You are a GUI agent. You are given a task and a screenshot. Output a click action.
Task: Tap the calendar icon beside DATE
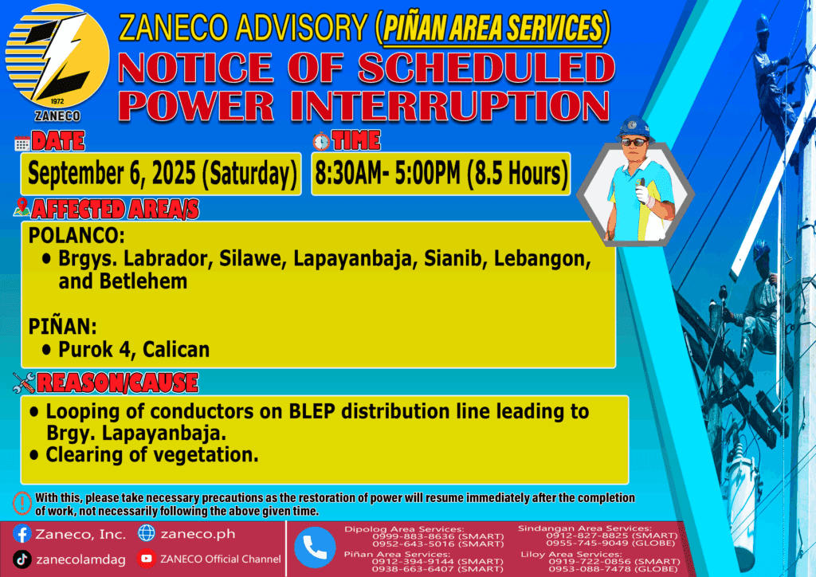[x=22, y=143]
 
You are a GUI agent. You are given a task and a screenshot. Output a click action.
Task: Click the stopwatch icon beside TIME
[x=321, y=142]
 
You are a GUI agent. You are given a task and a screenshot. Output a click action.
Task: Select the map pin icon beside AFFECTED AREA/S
[x=22, y=207]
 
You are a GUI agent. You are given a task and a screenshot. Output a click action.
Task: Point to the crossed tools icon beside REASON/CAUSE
[x=24, y=383]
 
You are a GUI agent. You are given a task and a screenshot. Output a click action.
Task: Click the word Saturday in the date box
[x=250, y=174]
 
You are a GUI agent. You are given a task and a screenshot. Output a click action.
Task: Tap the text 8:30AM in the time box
[x=348, y=173]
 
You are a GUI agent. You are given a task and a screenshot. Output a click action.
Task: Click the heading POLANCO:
[x=76, y=236]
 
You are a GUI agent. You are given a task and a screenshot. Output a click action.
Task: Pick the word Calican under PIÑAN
[x=176, y=350]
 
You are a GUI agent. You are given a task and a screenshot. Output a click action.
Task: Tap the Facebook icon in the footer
[x=22, y=534]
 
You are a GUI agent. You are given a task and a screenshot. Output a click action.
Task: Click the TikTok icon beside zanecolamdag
[x=22, y=559]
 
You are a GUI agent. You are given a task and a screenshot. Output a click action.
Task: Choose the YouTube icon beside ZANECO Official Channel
[x=147, y=559]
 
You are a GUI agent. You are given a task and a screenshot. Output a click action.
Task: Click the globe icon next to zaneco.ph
[x=147, y=533]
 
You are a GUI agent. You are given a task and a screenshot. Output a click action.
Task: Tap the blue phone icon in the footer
[x=315, y=548]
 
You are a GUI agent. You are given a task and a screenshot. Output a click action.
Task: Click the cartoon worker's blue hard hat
[x=634, y=128]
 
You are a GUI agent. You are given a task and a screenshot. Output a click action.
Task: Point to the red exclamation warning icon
[x=22, y=503]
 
